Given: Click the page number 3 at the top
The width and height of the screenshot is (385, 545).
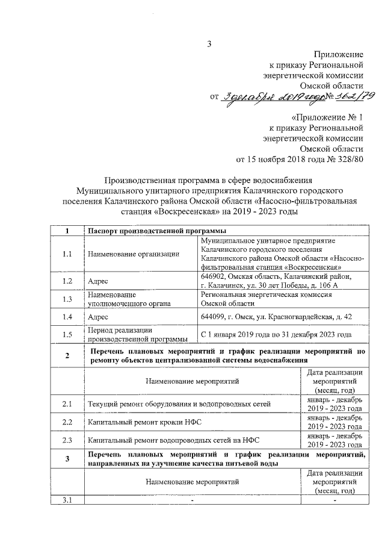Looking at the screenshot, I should (210, 43).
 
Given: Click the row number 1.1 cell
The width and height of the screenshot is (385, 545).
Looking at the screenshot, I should (67, 254).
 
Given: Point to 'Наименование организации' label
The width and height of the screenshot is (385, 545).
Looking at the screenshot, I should (133, 254).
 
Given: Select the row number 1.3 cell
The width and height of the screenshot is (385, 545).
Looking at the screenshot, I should (67, 299).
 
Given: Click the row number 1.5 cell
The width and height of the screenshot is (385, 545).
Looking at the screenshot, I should (67, 334).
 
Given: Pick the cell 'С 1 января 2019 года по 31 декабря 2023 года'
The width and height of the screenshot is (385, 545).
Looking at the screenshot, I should (276, 334).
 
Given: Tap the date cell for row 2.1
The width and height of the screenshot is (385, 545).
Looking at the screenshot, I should (334, 403).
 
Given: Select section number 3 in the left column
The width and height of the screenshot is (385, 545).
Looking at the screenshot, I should (67, 459).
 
